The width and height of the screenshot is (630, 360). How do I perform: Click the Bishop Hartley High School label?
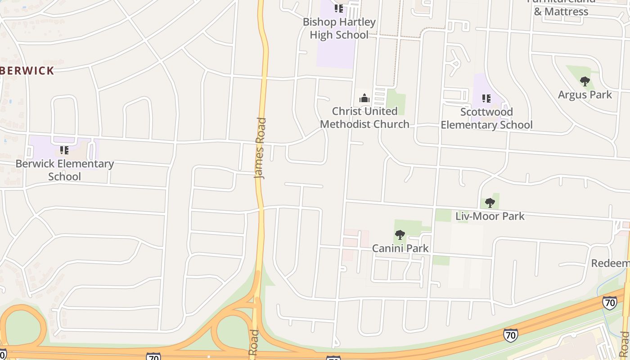point(339,28)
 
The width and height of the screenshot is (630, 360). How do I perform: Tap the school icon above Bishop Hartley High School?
point(339,9)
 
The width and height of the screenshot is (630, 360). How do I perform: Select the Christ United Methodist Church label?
point(364,117)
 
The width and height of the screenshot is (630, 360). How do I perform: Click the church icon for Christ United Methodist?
point(364,98)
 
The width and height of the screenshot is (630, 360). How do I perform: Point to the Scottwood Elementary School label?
point(486,118)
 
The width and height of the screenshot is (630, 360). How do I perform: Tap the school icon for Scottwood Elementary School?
point(486,98)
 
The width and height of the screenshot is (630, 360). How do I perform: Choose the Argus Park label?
point(585,94)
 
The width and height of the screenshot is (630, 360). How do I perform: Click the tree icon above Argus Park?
point(585,81)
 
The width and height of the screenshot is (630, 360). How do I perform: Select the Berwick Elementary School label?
point(64,170)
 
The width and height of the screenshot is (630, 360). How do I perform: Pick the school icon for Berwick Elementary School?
point(64,150)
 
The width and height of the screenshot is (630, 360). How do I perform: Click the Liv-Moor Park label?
point(490,216)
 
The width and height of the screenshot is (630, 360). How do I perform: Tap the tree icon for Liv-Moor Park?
point(490,203)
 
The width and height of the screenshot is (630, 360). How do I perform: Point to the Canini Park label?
point(400,248)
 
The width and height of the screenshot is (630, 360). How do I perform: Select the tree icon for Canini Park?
point(400,235)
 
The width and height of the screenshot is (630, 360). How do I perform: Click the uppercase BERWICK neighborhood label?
point(27,71)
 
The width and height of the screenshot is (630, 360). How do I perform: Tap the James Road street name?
point(260,148)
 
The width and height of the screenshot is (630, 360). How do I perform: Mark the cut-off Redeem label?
point(610,263)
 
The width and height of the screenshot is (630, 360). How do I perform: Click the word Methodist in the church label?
point(347,124)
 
